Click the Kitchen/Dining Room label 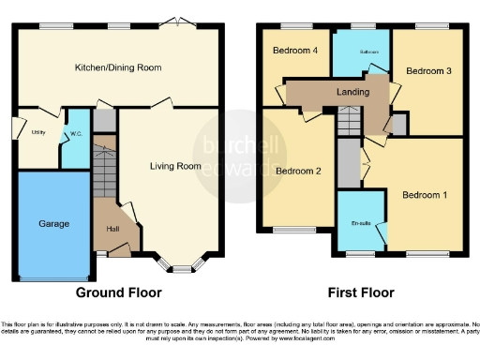118,67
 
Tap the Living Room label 176,166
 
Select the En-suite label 360,223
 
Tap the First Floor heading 360,292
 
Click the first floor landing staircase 349,121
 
